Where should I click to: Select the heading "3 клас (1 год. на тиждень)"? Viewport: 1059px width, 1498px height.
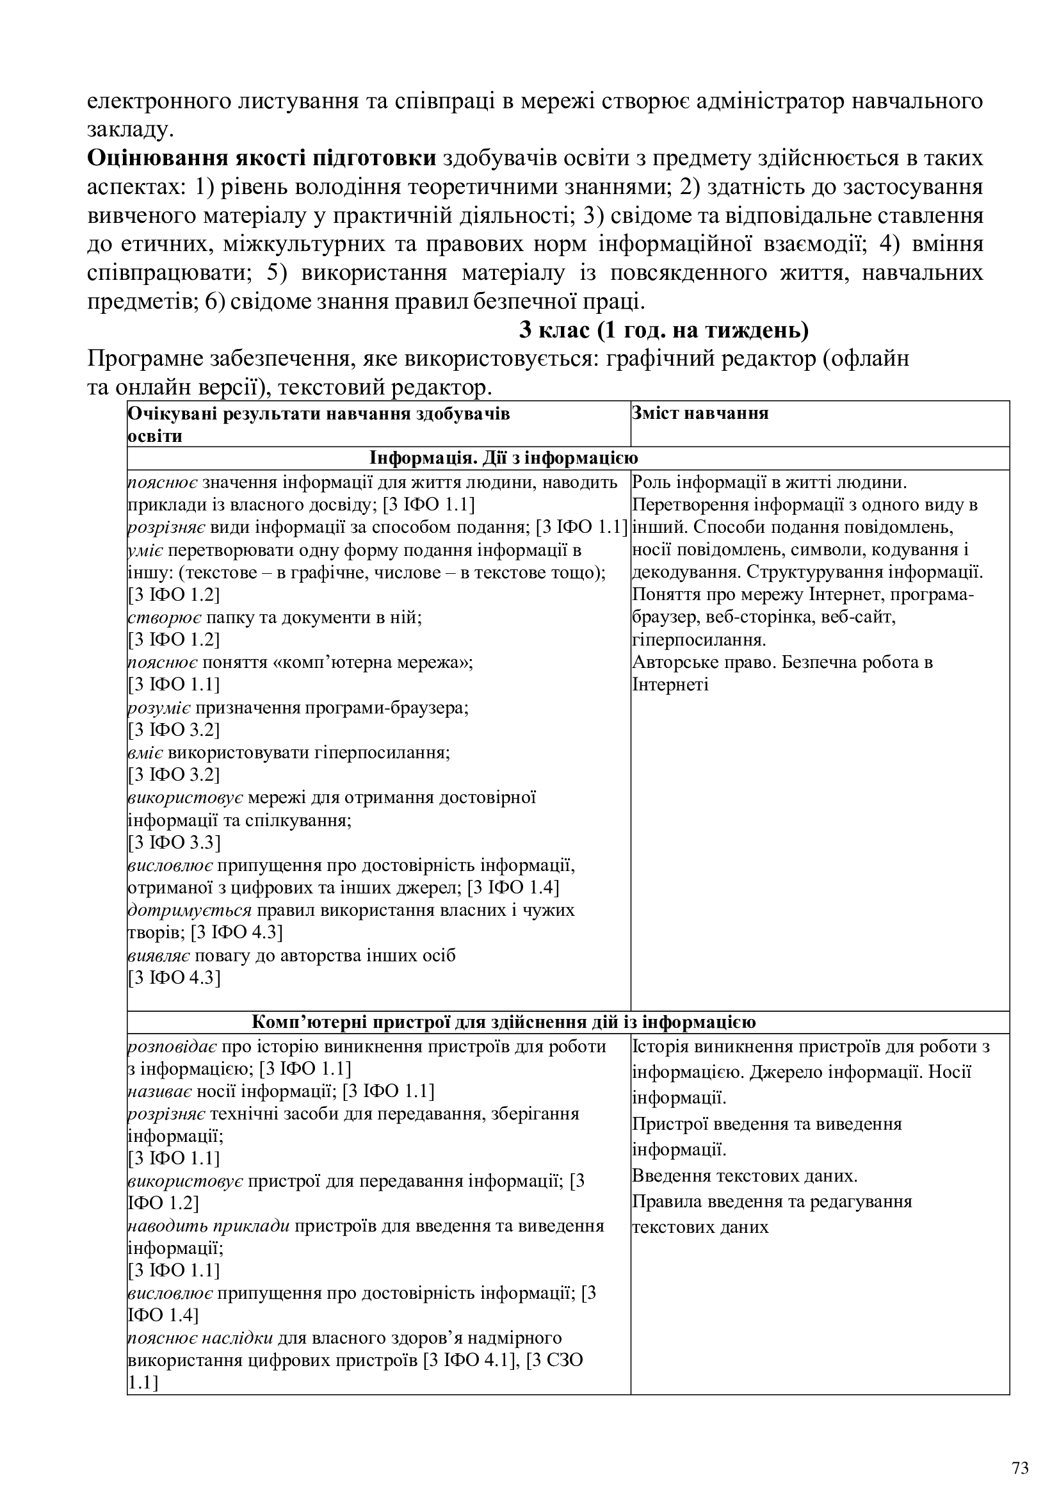point(664,330)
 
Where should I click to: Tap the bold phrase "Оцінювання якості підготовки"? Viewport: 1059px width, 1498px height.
point(261,159)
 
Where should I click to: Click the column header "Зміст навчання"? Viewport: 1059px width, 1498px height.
point(700,413)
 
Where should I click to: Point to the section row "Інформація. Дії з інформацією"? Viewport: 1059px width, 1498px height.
point(503,458)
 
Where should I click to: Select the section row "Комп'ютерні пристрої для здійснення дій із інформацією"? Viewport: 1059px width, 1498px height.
point(503,1022)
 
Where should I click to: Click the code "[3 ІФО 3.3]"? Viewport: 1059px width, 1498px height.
point(174,842)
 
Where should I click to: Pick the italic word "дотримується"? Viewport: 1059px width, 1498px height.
point(189,910)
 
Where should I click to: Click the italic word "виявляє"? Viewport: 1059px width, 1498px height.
point(158,955)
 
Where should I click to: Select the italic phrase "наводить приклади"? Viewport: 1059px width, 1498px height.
point(209,1226)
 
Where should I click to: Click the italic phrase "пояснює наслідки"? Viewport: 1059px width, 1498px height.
point(200,1338)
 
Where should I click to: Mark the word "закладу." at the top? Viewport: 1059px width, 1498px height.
point(131,130)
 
